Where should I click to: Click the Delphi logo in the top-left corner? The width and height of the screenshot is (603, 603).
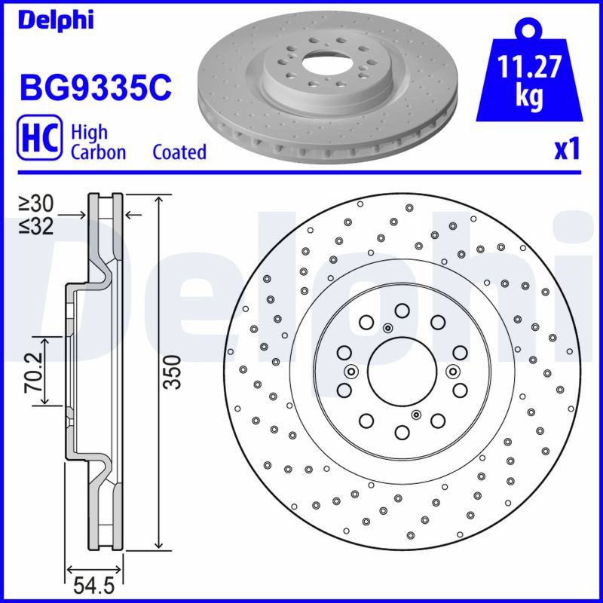click(56, 21)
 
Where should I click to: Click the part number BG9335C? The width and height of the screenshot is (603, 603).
click(96, 87)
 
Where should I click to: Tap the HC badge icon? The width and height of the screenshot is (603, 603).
click(39, 137)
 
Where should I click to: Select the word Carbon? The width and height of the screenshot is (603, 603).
click(99, 152)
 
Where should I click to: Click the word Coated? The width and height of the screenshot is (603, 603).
click(179, 152)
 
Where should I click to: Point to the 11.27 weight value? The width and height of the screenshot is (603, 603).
click(529, 67)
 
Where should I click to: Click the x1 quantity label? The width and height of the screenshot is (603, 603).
click(567, 150)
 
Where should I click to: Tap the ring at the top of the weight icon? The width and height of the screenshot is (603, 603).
click(530, 29)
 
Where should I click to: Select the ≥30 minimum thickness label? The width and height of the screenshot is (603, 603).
click(36, 204)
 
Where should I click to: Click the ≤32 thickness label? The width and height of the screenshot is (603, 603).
click(36, 227)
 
